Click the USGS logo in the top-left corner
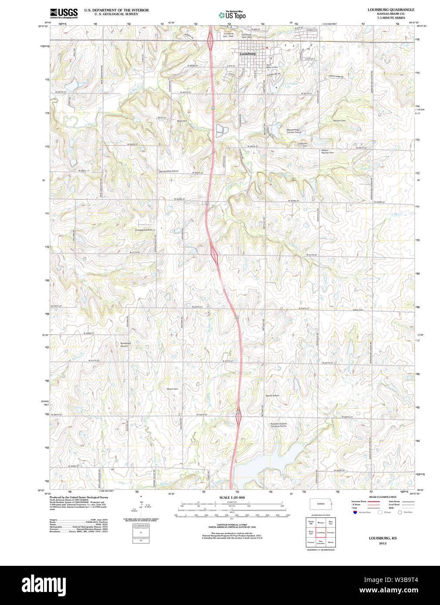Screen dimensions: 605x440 (64, 13)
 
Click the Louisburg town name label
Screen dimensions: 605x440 (247, 54)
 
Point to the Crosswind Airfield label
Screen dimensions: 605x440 (145, 230)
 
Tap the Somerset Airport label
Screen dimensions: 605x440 (125, 344)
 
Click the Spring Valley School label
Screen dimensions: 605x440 (169, 171)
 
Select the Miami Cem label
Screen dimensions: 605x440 (173, 389)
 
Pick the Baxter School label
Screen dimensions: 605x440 (272, 395)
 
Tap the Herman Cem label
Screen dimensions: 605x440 (339, 121)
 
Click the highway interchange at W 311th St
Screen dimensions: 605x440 (214, 253)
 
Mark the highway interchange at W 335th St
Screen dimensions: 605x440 (238, 417)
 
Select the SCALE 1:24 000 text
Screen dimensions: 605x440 (232, 497)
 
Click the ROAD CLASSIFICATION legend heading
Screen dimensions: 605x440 (382, 497)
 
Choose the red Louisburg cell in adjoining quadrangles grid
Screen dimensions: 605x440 (321, 532)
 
